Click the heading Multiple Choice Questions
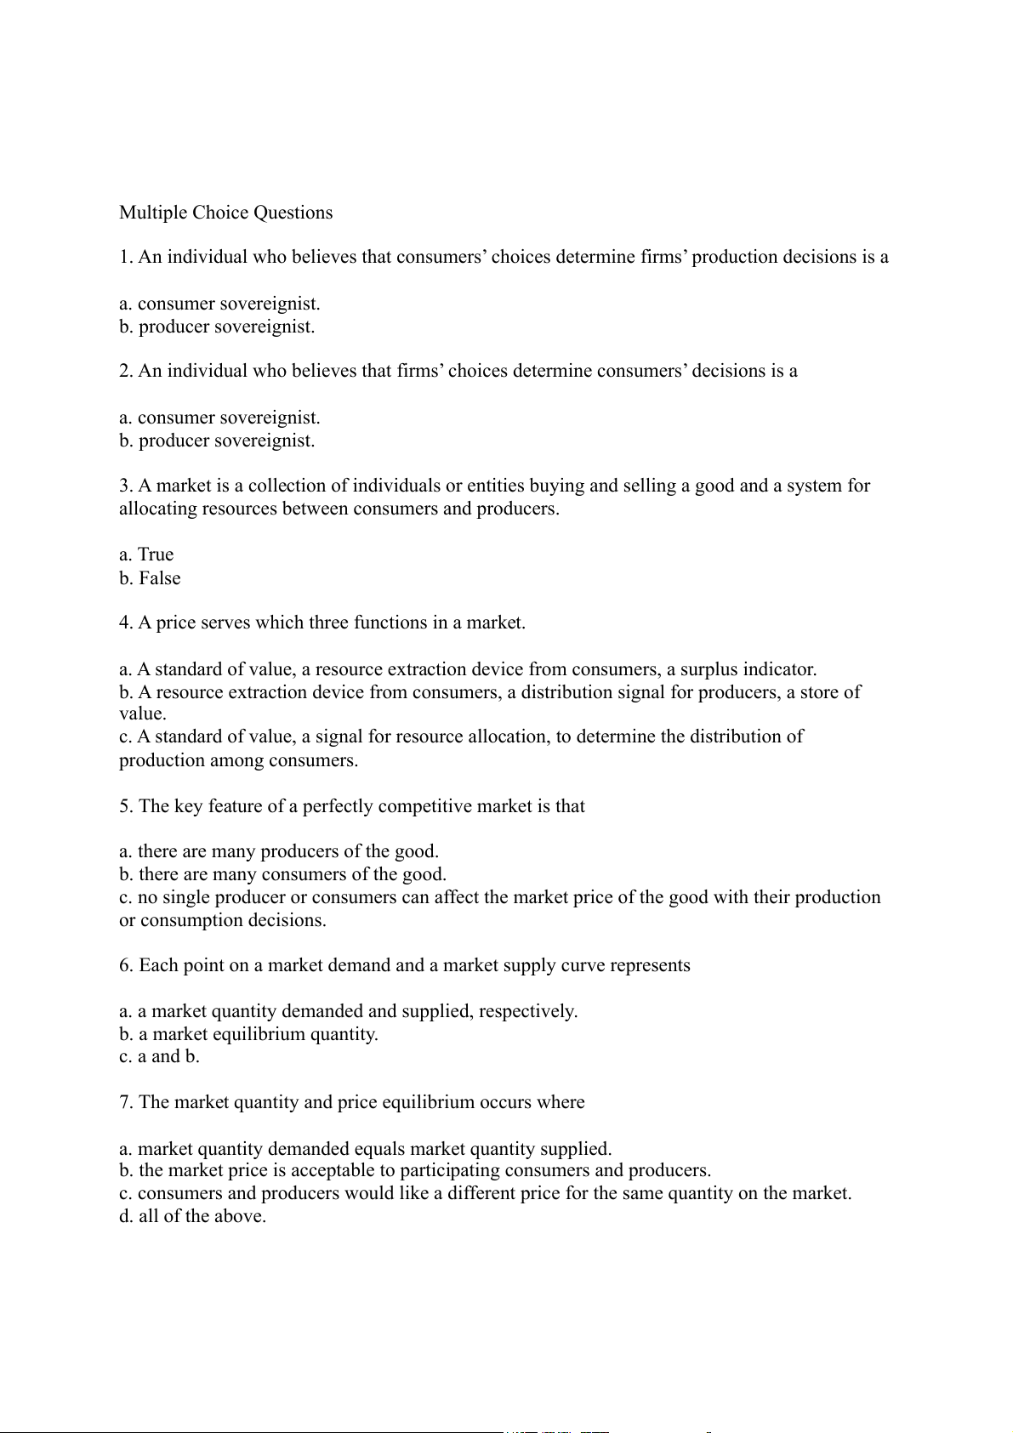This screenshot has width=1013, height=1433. click(225, 213)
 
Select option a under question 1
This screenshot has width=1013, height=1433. click(219, 304)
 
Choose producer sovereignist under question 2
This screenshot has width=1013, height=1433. click(217, 441)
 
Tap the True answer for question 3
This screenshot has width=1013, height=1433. click(146, 554)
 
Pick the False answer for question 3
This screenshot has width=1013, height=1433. click(150, 578)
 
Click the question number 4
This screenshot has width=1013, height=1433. click(125, 623)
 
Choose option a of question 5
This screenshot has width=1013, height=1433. click(279, 851)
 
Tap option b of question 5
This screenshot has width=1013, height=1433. click(282, 874)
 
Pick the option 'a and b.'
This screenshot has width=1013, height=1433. click(159, 1057)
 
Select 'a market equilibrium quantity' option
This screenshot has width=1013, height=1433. click(248, 1034)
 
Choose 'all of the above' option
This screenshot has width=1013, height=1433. click(193, 1216)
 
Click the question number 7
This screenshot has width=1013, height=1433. click(125, 1102)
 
